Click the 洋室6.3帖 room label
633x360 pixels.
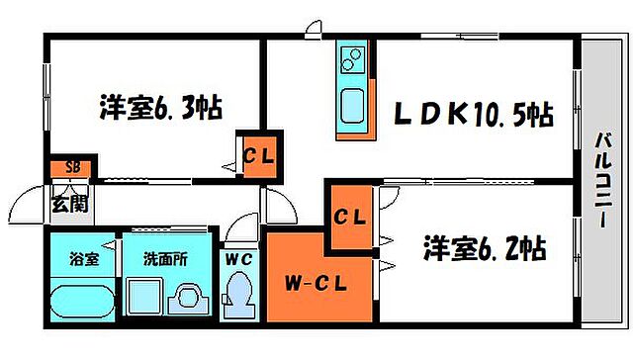click(159, 106)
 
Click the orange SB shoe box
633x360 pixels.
click(72, 168)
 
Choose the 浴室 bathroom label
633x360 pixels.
click(81, 260)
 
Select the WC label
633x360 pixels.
click(238, 259)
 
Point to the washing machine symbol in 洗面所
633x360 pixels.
click(187, 300)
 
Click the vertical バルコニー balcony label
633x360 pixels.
click(600, 182)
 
